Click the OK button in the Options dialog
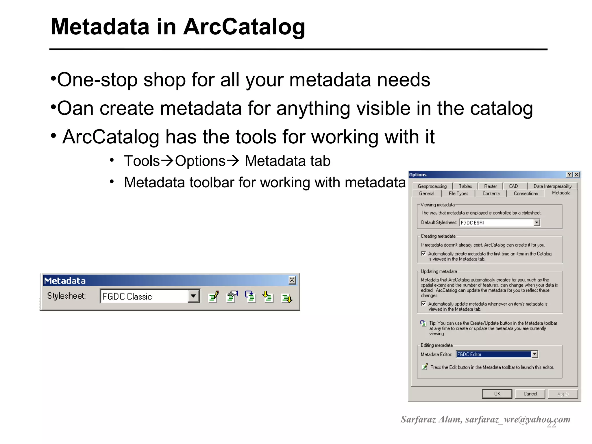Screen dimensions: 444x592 click(x=497, y=394)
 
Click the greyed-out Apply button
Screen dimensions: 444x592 click(x=563, y=394)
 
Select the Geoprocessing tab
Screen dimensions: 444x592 click(x=432, y=186)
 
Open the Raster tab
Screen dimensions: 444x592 click(x=491, y=186)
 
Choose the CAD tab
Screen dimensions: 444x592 click(x=513, y=186)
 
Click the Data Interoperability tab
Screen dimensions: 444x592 click(x=552, y=186)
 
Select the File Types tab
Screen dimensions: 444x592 click(x=458, y=194)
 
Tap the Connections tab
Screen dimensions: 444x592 click(x=526, y=194)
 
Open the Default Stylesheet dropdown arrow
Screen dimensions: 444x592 click(x=537, y=223)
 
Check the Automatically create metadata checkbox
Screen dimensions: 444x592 click(x=424, y=254)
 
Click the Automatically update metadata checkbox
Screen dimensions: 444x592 click(x=424, y=304)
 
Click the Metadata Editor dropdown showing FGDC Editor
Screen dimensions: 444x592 click(x=494, y=354)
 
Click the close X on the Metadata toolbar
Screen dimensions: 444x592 click(x=292, y=280)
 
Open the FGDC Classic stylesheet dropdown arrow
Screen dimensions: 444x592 click(x=193, y=296)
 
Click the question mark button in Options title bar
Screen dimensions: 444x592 click(x=569, y=175)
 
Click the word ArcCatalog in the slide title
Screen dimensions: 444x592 click(x=244, y=27)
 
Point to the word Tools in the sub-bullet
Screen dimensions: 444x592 click(x=142, y=161)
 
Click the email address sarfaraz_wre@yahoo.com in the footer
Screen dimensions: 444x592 click(x=518, y=419)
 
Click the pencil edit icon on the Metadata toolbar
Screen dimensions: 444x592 click(x=214, y=297)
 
